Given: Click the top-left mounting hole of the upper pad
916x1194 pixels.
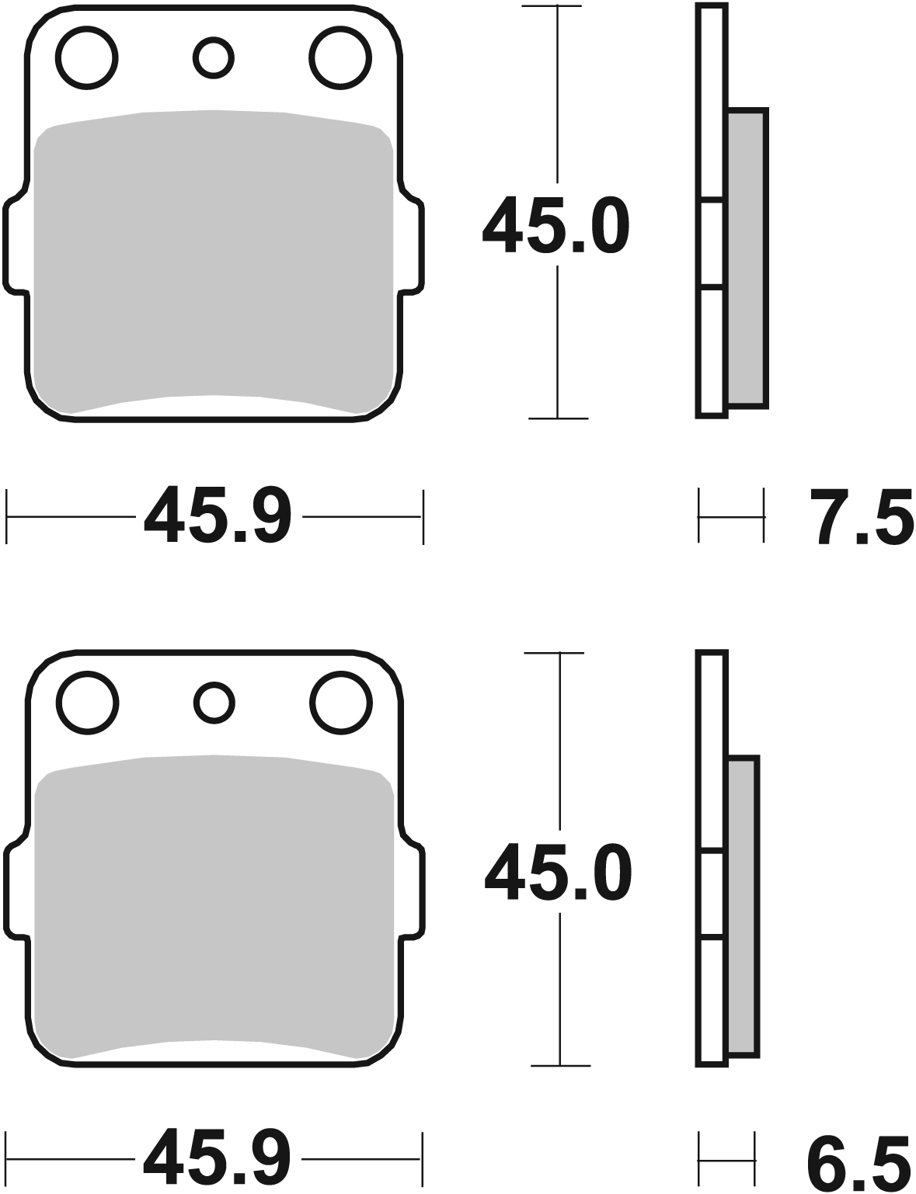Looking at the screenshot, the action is tap(87, 57).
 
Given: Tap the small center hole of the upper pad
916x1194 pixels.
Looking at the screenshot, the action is tap(214, 57).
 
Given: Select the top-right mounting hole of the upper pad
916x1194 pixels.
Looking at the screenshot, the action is tap(340, 57).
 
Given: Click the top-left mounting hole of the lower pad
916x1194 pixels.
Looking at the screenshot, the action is tap(88, 703).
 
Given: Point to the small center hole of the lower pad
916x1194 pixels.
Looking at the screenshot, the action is tap(214, 703).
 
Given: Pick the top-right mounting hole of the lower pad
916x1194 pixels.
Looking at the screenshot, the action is tap(340, 703).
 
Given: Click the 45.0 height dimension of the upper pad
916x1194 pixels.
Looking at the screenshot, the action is tap(556, 226).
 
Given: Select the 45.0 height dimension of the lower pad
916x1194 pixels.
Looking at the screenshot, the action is tap(558, 873).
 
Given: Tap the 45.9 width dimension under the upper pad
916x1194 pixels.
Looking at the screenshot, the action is tap(218, 516).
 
